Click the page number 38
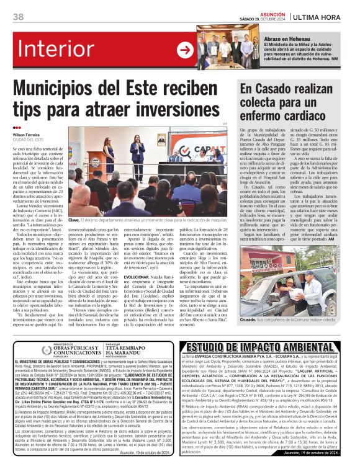tap(18, 16)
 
